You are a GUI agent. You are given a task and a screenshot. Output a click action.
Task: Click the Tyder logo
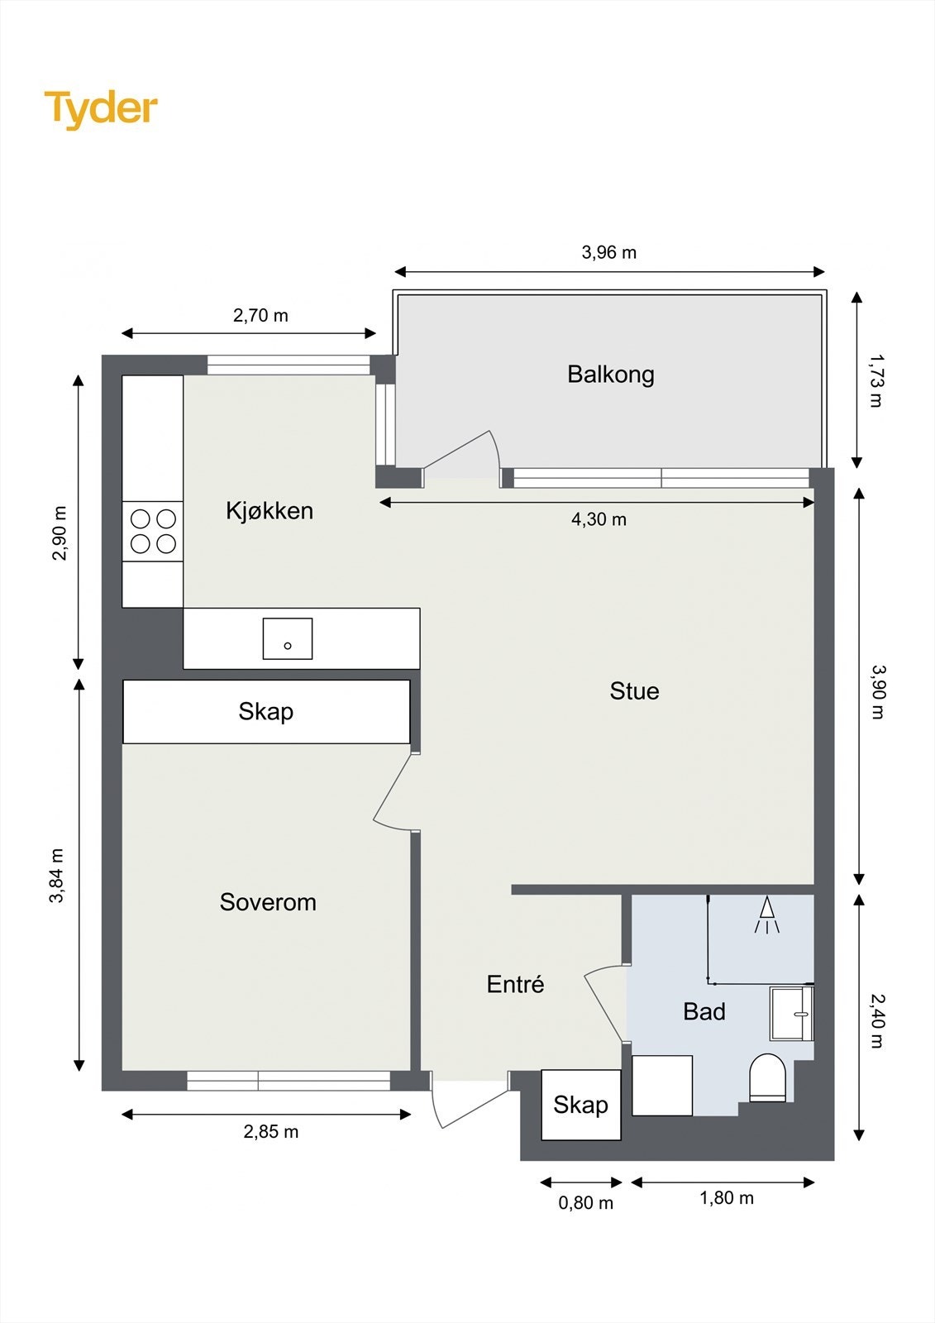coord(101,108)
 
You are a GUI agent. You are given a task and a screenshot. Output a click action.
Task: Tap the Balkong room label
coord(610,375)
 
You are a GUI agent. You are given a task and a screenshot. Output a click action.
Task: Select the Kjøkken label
coord(270,511)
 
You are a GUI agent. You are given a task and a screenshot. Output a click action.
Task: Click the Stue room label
coord(634,691)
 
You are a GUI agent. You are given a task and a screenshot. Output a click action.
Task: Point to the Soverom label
coord(268,902)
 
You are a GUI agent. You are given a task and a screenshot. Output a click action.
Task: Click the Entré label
coord(515,985)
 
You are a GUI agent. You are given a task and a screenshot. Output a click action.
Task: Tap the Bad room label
coord(704,1011)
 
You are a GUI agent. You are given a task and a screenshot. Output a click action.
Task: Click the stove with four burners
coord(153,531)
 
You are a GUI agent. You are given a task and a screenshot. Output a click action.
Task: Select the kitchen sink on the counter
coord(287,638)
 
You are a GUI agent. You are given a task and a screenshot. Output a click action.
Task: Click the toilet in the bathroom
coord(766,1078)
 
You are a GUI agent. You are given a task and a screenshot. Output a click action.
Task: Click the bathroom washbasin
coord(791,1013)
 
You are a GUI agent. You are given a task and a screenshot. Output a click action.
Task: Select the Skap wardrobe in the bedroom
coord(266,712)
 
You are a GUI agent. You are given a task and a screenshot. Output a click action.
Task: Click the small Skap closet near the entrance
coord(580,1105)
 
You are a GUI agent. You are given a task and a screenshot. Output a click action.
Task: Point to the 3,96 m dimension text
coord(609,253)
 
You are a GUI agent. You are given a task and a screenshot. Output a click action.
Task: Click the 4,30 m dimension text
coord(599,520)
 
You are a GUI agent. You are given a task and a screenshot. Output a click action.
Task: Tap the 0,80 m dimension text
coord(585,1203)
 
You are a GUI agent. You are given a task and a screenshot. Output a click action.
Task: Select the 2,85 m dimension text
coord(270,1132)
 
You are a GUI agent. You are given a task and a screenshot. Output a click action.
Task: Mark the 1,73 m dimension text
coord(876,381)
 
